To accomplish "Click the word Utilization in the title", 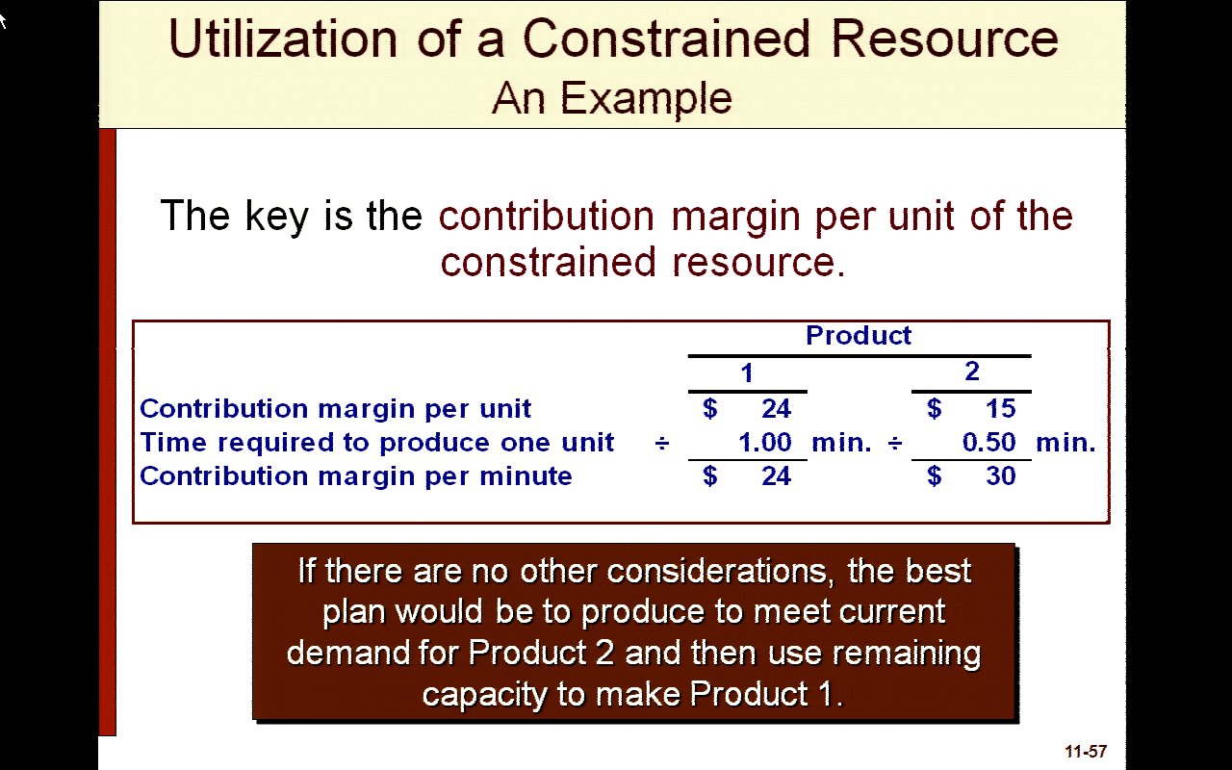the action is click(283, 38).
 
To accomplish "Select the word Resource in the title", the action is click(944, 38).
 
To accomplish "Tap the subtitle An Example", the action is click(611, 98).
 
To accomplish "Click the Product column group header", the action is click(858, 335).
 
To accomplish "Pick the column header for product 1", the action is click(746, 372).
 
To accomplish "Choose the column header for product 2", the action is click(972, 372).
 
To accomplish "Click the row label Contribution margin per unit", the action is click(335, 409).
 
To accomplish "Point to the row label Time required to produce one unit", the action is click(376, 442).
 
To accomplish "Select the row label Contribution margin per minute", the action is click(356, 475).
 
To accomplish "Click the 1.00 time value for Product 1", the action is click(764, 442).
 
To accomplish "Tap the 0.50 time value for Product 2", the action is click(988, 442).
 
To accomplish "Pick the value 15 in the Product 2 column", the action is click(1000, 409).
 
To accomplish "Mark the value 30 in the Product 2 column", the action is click(1000, 475).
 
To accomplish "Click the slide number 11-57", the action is click(1086, 752).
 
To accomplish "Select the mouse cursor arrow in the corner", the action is click(3, 22).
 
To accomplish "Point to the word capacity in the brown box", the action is click(484, 695).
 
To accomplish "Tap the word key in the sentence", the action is click(276, 217).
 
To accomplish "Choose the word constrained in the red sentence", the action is click(548, 263).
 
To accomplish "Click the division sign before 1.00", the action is click(662, 443).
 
